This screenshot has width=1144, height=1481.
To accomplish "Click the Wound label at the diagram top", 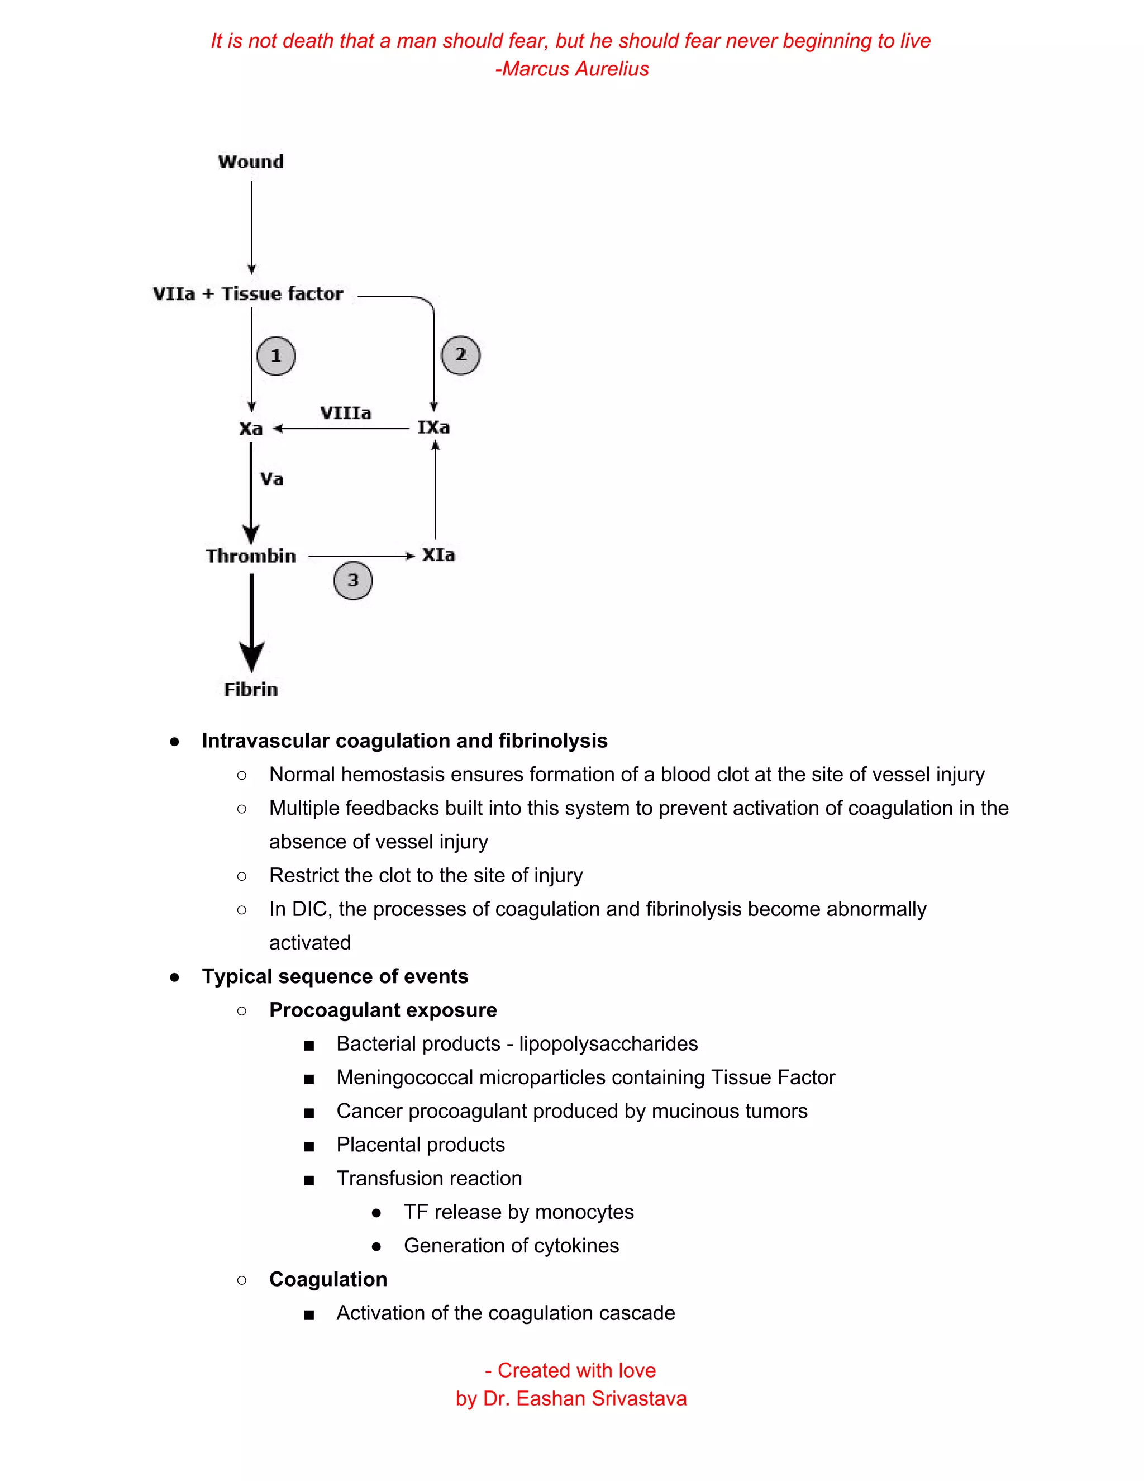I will click(251, 162).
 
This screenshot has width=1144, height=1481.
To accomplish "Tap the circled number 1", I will click(276, 356).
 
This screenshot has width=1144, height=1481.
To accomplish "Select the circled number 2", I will click(460, 355).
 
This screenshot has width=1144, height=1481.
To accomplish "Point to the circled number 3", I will click(353, 581).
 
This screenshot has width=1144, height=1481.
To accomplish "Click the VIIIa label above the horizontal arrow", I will click(346, 413).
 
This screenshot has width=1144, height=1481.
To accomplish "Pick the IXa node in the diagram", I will click(433, 427).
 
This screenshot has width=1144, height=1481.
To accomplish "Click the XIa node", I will click(438, 556).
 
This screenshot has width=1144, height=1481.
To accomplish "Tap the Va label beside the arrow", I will click(272, 480).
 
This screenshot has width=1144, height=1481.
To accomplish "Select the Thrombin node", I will click(251, 556).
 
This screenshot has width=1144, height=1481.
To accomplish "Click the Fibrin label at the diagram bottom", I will click(251, 690).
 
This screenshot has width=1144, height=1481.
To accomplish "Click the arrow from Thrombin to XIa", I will click(359, 556).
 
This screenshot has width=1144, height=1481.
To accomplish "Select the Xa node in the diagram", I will click(251, 429).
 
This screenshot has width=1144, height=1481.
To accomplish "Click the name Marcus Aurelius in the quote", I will click(575, 69).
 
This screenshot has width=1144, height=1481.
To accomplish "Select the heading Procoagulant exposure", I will click(383, 1010).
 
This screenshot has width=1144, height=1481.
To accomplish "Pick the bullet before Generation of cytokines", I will click(376, 1246).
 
